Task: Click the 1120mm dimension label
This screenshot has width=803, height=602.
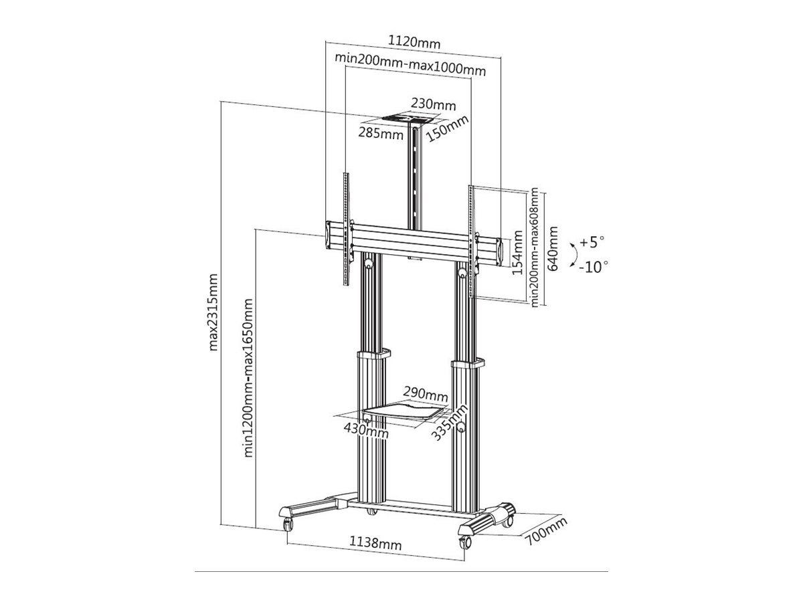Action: pos(414,42)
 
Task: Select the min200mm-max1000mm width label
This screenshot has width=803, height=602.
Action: pos(410,64)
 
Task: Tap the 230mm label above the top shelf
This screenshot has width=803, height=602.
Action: pos(433,104)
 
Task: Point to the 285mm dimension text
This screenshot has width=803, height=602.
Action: pos(381,133)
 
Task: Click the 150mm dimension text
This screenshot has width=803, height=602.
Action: pos(447,128)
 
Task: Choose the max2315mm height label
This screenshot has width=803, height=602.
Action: pos(213,312)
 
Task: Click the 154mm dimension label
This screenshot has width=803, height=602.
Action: pos(517,253)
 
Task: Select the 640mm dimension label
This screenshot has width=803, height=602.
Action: pos(552,249)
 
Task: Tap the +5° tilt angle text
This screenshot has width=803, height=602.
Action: pos(592,242)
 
